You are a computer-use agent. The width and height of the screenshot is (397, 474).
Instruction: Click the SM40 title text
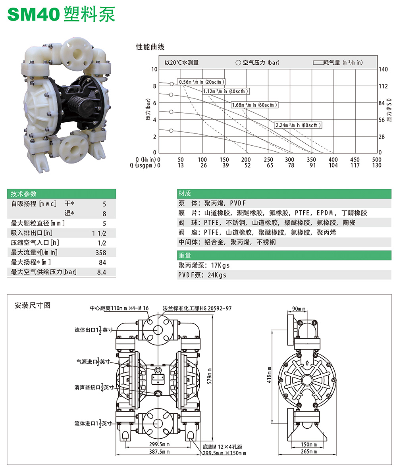coord(33,14)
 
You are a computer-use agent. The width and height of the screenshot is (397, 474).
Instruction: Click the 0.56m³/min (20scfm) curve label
coord(202,82)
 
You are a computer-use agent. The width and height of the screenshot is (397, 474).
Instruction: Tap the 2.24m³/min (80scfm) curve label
coord(298,125)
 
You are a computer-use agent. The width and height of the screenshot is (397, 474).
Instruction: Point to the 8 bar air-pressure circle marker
coord(172,84)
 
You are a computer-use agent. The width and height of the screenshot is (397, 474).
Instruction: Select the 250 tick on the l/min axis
coord(268,160)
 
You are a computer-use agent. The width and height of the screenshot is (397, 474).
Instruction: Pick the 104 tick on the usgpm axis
coord(333,166)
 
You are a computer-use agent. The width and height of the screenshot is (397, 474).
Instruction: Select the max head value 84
coord(102,262)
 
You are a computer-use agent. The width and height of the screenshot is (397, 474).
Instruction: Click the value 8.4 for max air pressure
coord(102,272)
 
